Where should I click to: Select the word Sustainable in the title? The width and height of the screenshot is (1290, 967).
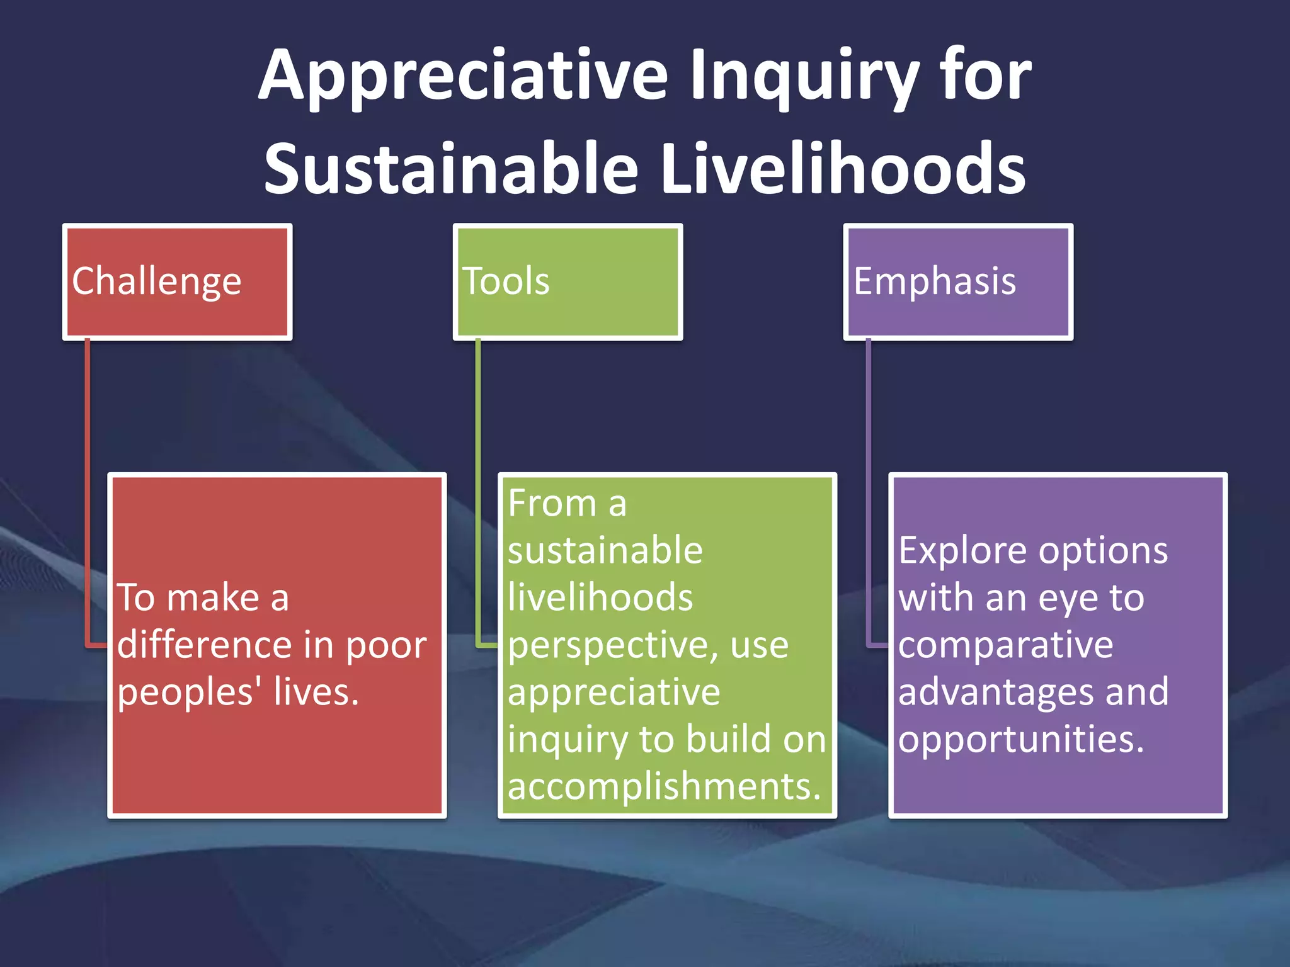point(451,169)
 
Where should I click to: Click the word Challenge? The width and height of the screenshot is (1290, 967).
point(156,281)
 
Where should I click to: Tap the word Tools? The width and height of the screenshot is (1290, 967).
point(506,281)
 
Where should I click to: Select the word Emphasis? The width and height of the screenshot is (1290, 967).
point(935,281)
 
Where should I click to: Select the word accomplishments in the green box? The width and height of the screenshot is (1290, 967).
point(665,786)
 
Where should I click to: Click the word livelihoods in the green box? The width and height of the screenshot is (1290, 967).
point(600,597)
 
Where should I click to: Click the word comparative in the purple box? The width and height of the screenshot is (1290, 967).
point(1005,645)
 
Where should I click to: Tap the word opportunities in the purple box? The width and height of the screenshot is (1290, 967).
point(1020,739)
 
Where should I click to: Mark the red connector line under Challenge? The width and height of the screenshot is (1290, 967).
point(88,491)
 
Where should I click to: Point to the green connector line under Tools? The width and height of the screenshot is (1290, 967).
point(478,491)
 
